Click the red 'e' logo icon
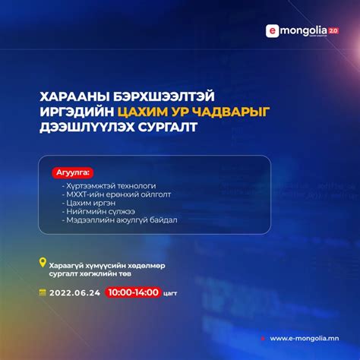coord(271,31)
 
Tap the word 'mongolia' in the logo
coord(300,30)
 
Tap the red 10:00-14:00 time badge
coord(133,292)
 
